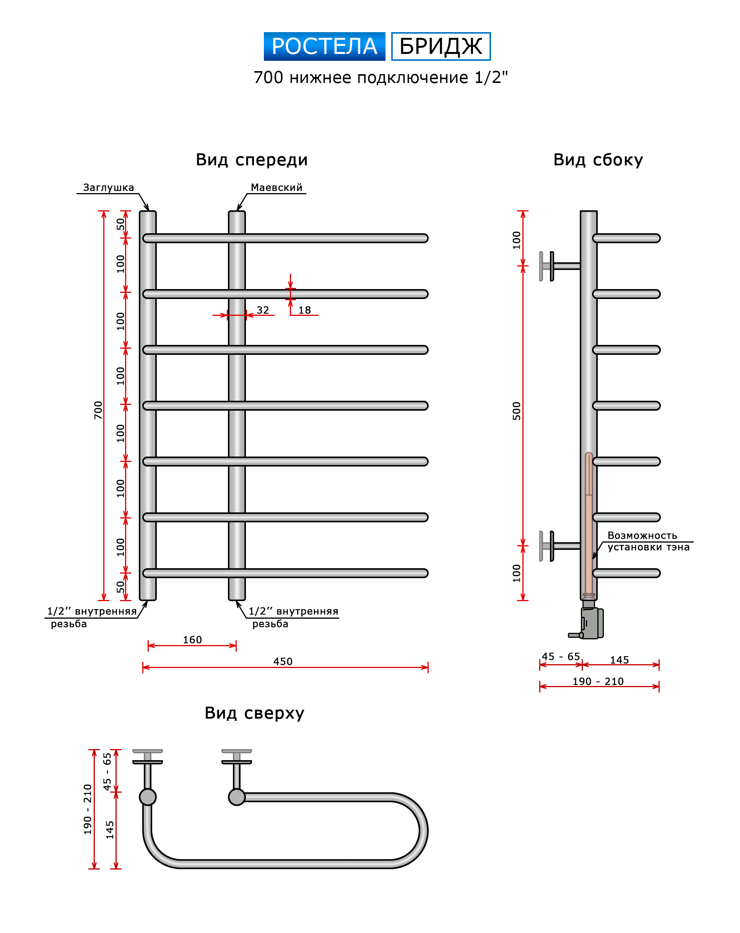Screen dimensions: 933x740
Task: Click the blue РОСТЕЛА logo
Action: (324, 46)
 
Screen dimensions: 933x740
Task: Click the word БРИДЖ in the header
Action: (441, 46)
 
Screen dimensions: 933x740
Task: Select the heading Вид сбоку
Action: (598, 160)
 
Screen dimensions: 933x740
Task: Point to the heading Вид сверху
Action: (254, 713)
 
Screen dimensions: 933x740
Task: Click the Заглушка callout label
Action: (108, 187)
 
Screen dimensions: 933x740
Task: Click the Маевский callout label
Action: (276, 187)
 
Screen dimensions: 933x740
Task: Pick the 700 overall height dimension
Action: (98, 410)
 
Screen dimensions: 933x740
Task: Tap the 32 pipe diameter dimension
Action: (263, 310)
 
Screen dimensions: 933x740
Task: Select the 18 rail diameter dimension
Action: (304, 310)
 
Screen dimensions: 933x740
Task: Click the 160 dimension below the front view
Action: (192, 640)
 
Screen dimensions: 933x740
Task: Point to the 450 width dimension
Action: (283, 661)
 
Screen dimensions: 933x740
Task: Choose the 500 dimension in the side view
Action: (516, 411)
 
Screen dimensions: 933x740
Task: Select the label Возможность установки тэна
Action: (648, 541)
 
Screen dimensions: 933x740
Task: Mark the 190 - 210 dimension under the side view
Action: (598, 681)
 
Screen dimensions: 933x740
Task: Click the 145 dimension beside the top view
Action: (110, 830)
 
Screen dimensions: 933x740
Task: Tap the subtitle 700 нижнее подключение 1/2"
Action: (381, 78)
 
